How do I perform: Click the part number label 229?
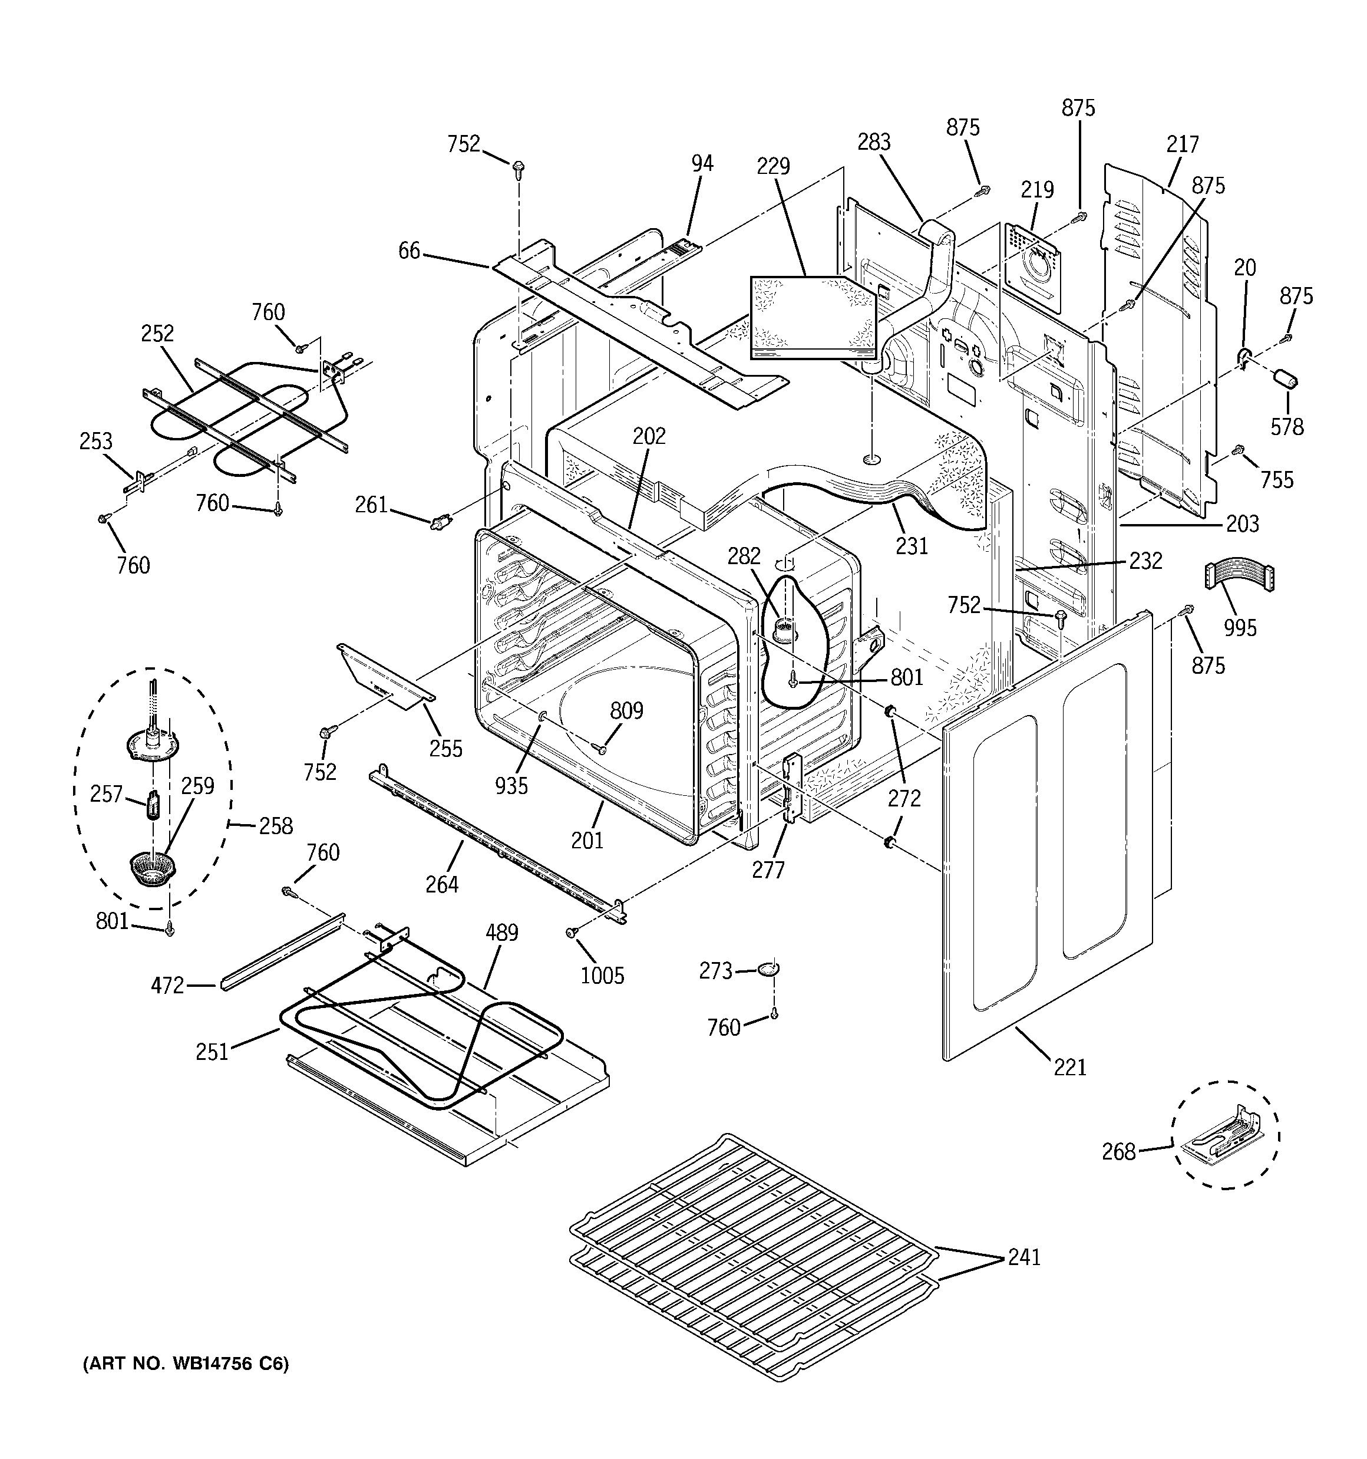click(774, 167)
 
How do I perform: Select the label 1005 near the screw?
click(602, 976)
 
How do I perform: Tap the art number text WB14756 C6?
click(186, 1364)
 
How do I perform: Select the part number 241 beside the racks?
click(1023, 1257)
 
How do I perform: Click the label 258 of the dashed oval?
click(276, 826)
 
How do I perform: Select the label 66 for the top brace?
click(410, 251)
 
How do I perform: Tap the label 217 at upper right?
click(1182, 144)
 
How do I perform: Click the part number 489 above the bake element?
click(502, 933)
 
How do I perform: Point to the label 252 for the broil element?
click(158, 333)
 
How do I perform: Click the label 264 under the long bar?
click(442, 884)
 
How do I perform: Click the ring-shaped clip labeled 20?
click(1244, 357)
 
